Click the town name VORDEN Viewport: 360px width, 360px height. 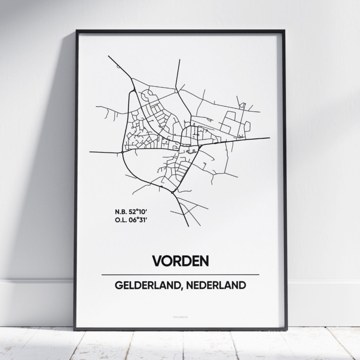(180, 261)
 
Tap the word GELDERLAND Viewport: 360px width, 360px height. (142, 285)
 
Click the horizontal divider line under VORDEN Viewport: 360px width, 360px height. (180, 274)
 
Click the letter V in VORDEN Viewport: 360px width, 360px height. (156, 261)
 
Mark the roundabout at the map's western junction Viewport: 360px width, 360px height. (122, 152)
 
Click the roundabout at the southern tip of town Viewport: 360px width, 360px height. (173, 192)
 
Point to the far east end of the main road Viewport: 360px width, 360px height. (269, 138)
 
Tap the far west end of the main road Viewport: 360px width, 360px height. (90, 152)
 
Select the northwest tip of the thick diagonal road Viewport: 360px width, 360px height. (109, 56)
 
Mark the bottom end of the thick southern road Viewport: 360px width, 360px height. (188, 226)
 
